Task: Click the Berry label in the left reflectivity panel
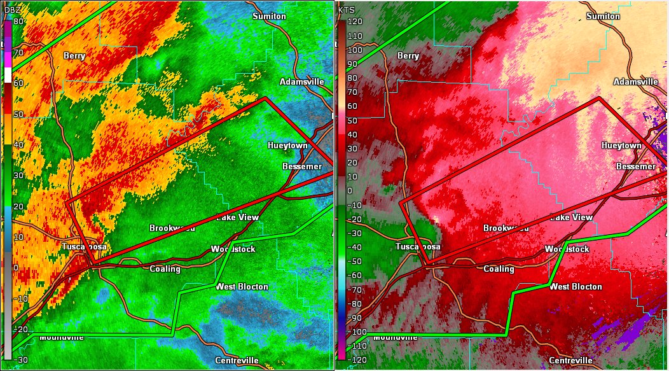pyautogui.click(x=74, y=56)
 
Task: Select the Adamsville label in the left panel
pyautogui.click(x=302, y=81)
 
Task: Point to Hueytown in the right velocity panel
pyautogui.click(x=621, y=145)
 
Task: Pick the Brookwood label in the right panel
pyautogui.click(x=506, y=228)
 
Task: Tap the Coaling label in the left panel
pyautogui.click(x=165, y=269)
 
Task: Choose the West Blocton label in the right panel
pyautogui.click(x=576, y=286)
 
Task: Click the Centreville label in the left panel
pyautogui.click(x=237, y=360)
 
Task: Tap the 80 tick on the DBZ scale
pyautogui.click(x=18, y=21)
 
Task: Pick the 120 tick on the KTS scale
pyautogui.click(x=354, y=21)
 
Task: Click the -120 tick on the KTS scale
pyautogui.click(x=353, y=360)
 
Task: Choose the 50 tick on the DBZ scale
pyautogui.click(x=18, y=114)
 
